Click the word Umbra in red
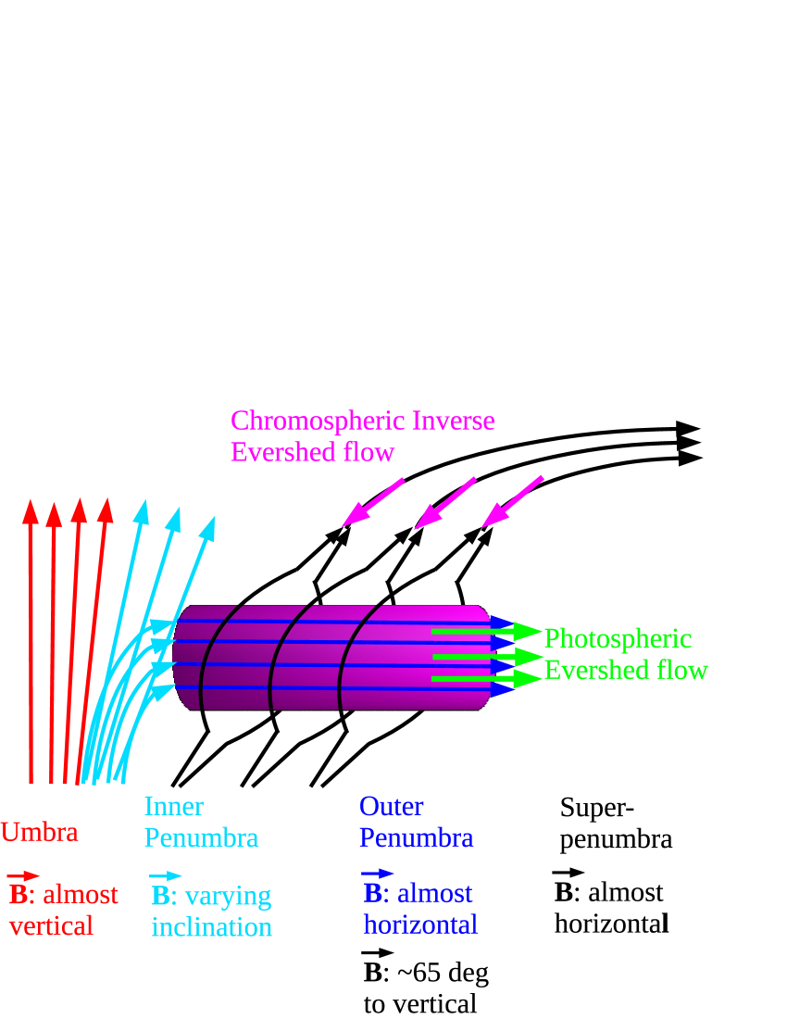[x=39, y=832]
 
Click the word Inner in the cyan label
[x=173, y=806]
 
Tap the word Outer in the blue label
[x=391, y=806]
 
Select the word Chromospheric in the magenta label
[x=305, y=421]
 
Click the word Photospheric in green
[x=618, y=638]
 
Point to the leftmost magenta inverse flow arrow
[x=372, y=503]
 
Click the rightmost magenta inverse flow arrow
[x=512, y=502]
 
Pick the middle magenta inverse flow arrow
[x=444, y=503]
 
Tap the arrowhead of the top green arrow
[x=527, y=632]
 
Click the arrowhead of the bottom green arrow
[x=527, y=679]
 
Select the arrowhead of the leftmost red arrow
[x=31, y=511]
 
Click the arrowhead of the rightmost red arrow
[x=106, y=510]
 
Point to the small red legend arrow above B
[x=23, y=875]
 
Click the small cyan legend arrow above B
[x=166, y=875]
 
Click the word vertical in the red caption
[x=51, y=925]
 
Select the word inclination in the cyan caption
[x=211, y=927]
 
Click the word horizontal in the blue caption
[x=420, y=924]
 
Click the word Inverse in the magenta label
[x=454, y=421]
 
